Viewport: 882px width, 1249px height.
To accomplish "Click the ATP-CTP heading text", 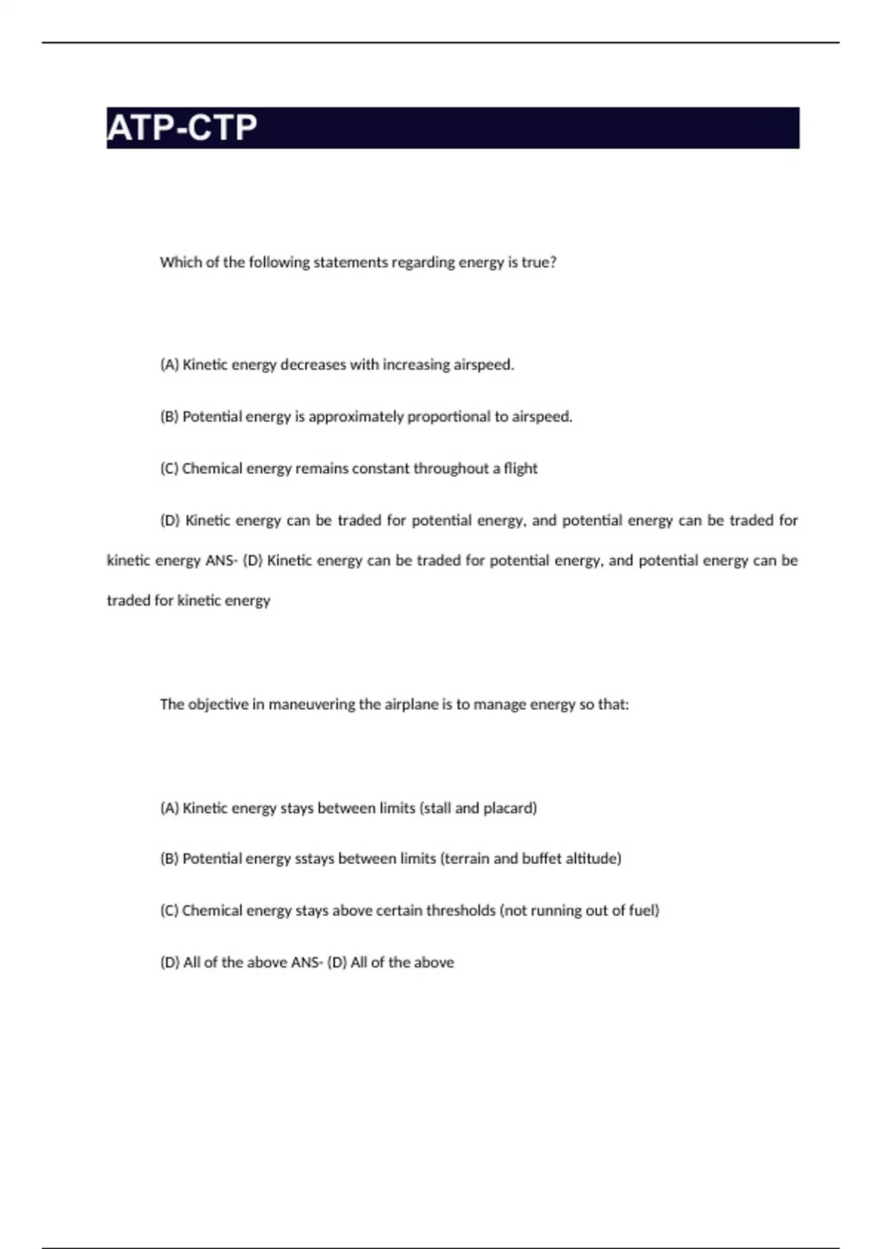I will click(182, 128).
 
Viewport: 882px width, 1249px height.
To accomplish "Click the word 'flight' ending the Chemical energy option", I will click(520, 469).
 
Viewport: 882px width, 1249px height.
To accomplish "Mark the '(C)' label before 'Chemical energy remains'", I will click(169, 469).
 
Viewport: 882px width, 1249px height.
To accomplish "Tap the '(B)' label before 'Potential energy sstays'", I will click(169, 859).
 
